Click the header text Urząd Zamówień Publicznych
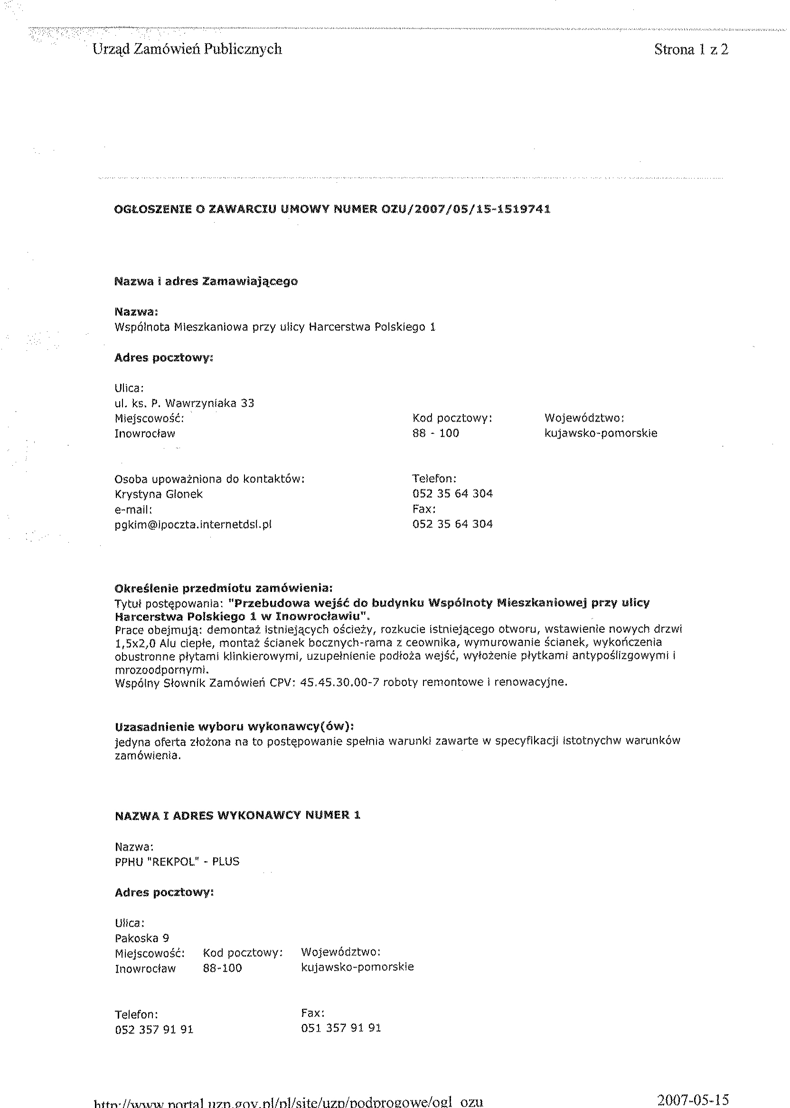pyautogui.click(x=187, y=49)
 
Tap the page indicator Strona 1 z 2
pyautogui.click(x=691, y=49)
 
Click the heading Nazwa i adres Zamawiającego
pyautogui.click(x=206, y=282)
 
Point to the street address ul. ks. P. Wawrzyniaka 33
pyautogui.click(x=184, y=403)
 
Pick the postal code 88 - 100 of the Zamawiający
pyautogui.click(x=435, y=433)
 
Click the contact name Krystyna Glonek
pyautogui.click(x=159, y=494)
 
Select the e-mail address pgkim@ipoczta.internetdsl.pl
pyautogui.click(x=193, y=525)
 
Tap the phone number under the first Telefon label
pyautogui.click(x=452, y=494)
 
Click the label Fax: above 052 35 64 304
pyautogui.click(x=423, y=509)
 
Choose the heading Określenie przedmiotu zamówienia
pyautogui.click(x=224, y=589)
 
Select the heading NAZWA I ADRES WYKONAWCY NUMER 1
pyautogui.click(x=237, y=815)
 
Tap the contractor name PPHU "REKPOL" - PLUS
pyautogui.click(x=177, y=862)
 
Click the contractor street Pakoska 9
pyautogui.click(x=142, y=938)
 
